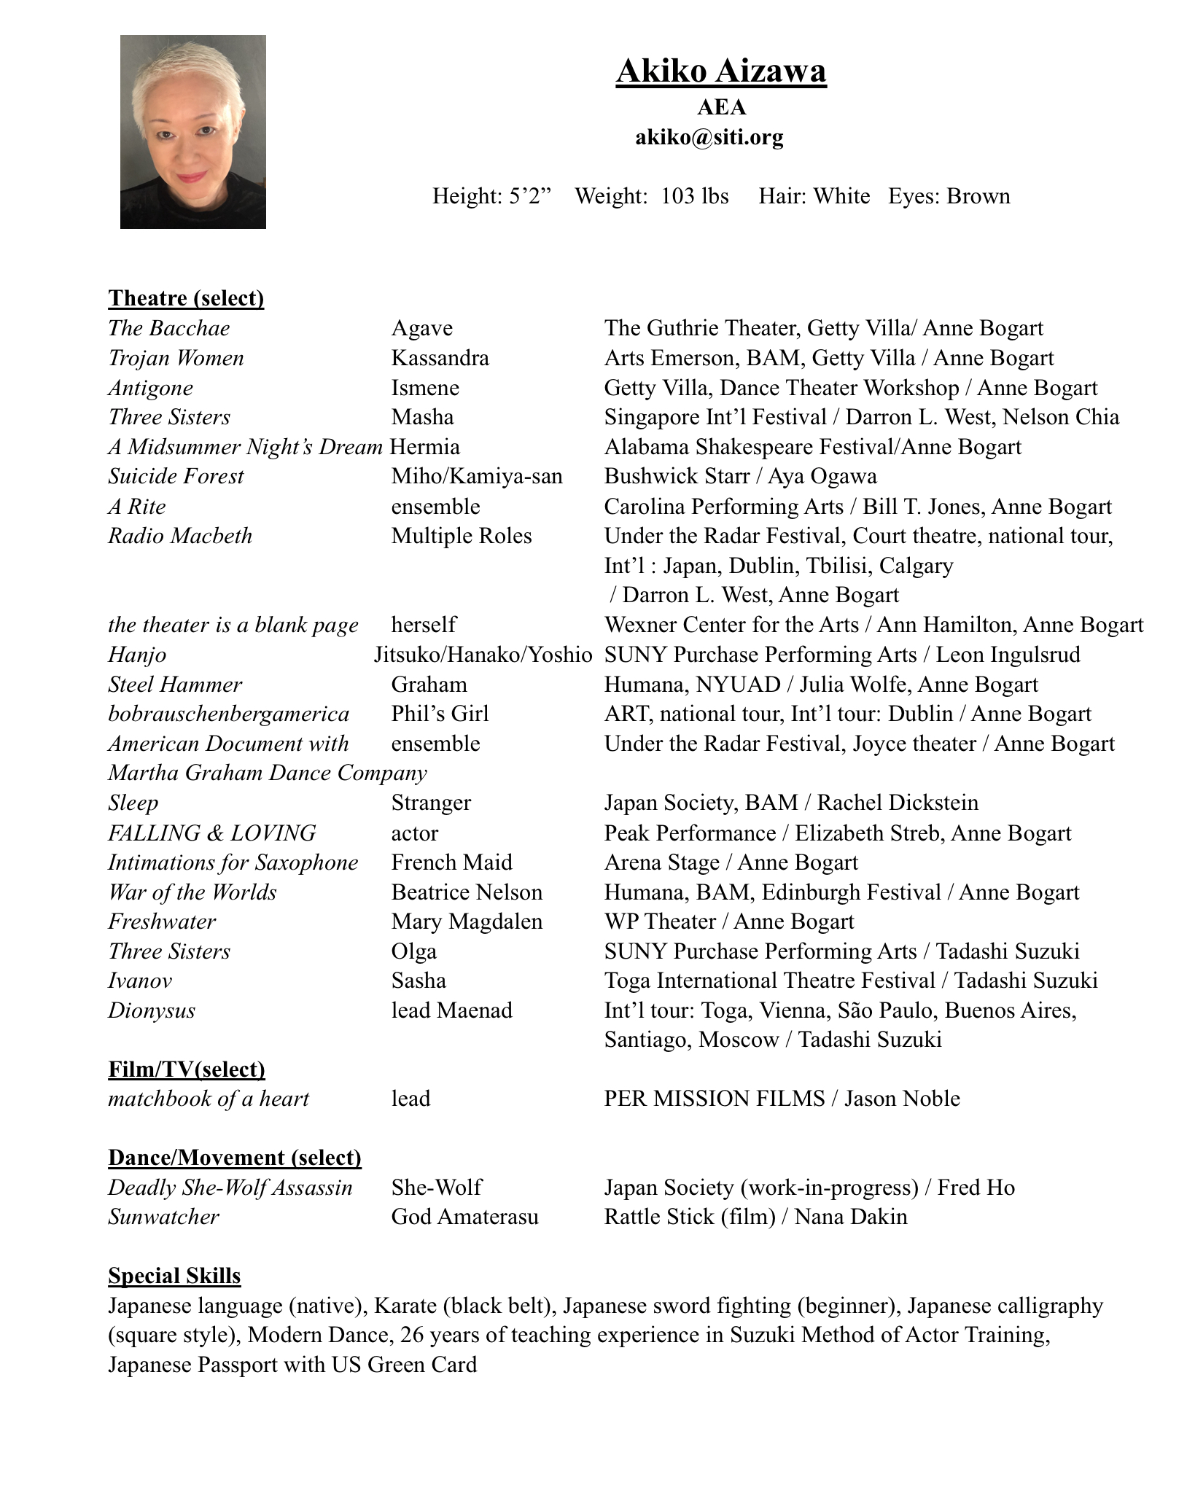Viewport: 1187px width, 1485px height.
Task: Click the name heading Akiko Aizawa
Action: [x=720, y=71]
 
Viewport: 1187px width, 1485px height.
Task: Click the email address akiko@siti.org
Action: [x=709, y=137]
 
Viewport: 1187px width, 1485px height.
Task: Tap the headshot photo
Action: [x=192, y=132]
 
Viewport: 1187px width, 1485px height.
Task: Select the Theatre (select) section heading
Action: [x=186, y=298]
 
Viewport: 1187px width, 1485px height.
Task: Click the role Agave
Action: [x=421, y=328]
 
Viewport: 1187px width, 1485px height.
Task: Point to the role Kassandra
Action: [x=440, y=358]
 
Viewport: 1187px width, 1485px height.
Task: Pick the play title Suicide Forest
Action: [x=176, y=476]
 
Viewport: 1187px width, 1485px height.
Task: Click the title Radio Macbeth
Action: [x=180, y=536]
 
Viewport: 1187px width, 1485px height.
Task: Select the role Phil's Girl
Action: [x=440, y=714]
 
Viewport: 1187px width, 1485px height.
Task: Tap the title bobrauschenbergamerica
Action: [x=228, y=714]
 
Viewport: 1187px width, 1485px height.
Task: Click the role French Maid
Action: [x=451, y=862]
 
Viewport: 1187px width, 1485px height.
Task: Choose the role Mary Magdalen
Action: [x=467, y=921]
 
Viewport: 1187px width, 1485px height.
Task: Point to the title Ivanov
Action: [x=140, y=981]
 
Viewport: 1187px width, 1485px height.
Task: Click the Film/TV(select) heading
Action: [x=187, y=1069]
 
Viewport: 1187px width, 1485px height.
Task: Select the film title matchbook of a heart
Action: [x=209, y=1099]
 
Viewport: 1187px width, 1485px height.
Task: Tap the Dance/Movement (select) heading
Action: [x=235, y=1158]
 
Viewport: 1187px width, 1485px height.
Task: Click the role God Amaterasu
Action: [x=464, y=1217]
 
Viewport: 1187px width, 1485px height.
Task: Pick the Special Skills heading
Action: [x=174, y=1276]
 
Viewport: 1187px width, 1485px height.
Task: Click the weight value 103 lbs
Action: [x=694, y=196]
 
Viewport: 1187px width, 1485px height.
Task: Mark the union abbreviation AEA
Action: [x=721, y=107]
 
